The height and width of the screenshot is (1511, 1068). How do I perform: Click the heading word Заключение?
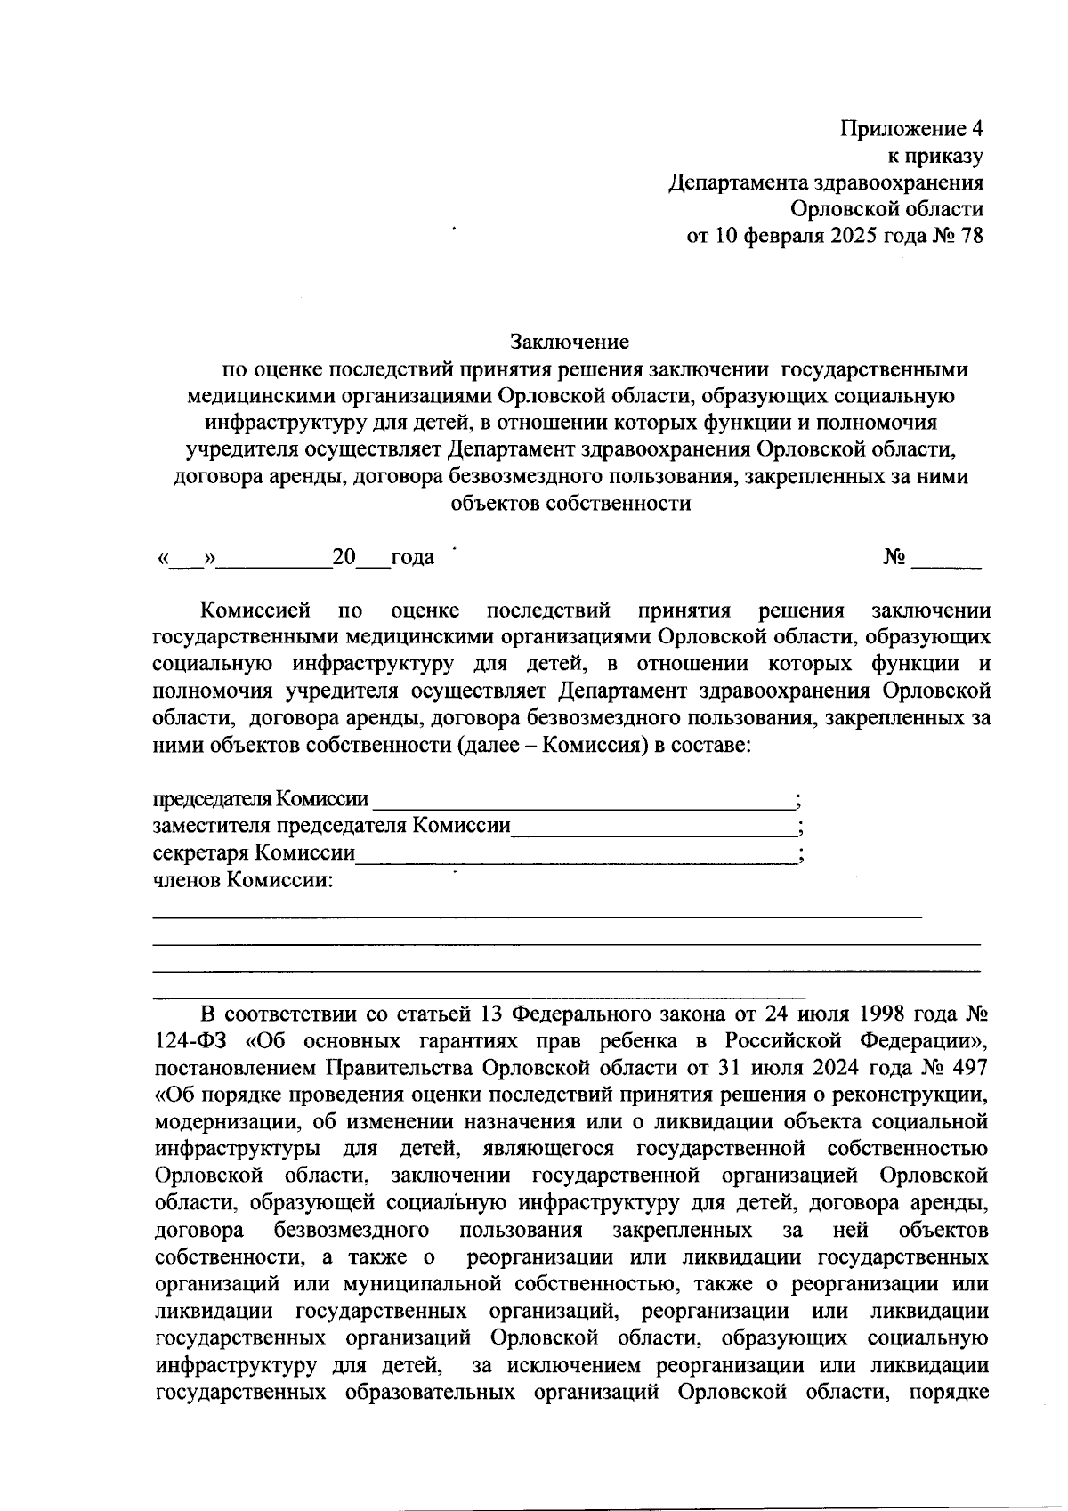pos(570,342)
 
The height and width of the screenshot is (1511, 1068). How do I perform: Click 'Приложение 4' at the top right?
pos(912,129)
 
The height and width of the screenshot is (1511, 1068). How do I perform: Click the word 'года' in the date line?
pos(413,558)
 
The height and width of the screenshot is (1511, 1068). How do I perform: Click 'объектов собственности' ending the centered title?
pos(570,504)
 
